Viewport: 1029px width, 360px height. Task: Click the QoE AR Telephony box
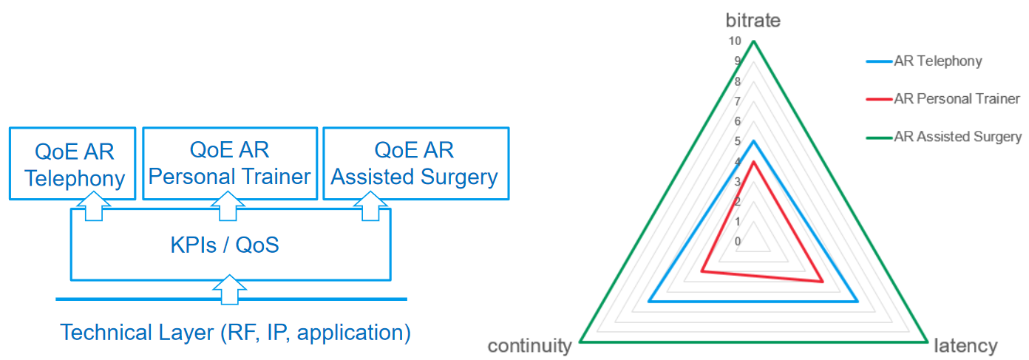[x=72, y=163]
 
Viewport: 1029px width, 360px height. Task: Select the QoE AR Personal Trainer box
[x=230, y=163]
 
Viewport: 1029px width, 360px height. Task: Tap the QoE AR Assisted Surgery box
[x=415, y=163]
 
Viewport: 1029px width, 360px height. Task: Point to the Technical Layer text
[x=235, y=332]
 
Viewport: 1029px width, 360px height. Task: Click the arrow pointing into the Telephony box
[x=93, y=206]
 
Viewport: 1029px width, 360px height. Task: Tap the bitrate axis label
[x=753, y=20]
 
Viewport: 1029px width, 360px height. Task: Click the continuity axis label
[x=529, y=346]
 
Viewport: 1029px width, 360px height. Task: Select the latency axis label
[x=966, y=346]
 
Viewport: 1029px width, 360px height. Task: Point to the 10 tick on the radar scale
[x=734, y=41]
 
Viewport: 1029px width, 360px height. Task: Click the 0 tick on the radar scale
[x=738, y=241]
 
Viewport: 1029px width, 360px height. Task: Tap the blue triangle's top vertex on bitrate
[x=753, y=141]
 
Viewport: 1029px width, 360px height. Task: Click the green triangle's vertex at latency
[x=926, y=342]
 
